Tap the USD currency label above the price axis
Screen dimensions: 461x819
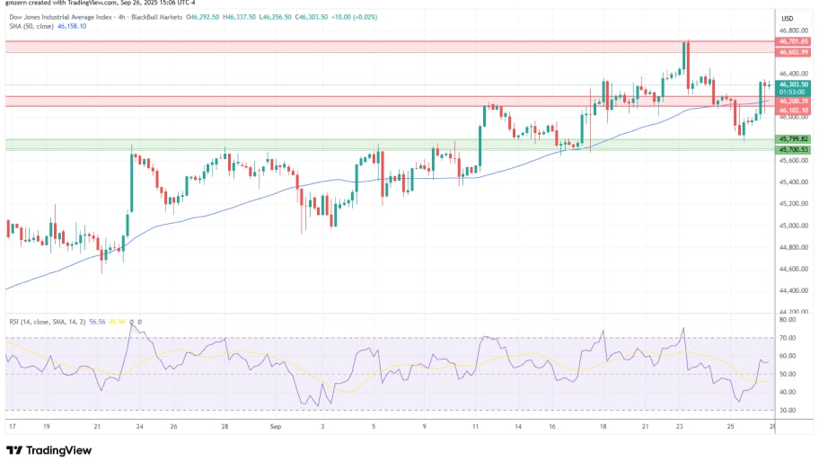tap(788, 18)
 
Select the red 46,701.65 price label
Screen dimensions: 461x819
tap(794, 41)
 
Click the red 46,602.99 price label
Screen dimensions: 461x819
tap(794, 52)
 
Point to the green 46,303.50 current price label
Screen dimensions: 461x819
tap(794, 84)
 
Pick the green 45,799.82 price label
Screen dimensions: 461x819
tap(794, 138)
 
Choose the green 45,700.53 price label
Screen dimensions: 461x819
tap(794, 149)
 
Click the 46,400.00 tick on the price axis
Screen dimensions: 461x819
tap(794, 73)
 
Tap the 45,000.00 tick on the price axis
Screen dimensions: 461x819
tap(794, 226)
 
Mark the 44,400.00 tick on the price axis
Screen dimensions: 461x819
tap(794, 290)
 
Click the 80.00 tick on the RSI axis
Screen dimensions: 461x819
tap(788, 320)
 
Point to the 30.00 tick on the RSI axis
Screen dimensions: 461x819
tap(788, 410)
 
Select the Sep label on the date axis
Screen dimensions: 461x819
tap(276, 427)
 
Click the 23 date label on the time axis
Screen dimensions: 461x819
tap(681, 427)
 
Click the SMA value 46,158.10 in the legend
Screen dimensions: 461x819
tap(73, 26)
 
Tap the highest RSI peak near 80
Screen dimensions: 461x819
tap(133, 324)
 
